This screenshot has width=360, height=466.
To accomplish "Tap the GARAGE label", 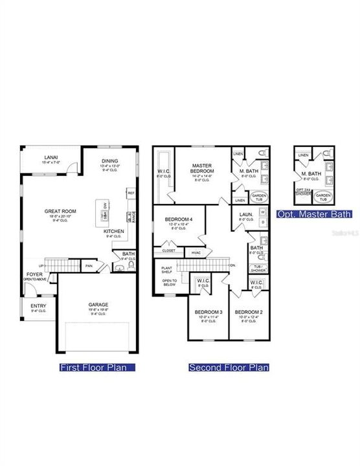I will pos(98,304).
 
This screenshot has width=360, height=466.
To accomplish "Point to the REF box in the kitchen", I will pos(131,193).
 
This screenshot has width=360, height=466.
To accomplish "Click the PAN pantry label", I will pos(89,265).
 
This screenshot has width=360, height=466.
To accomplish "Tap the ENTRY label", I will pos(38,306).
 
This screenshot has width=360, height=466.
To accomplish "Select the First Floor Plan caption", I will pos(97,368).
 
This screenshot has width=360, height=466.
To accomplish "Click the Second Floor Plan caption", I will pos(229,368).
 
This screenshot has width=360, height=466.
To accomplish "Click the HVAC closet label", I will pos(196,252).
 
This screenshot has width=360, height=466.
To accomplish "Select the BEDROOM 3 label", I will pos(208,313).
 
